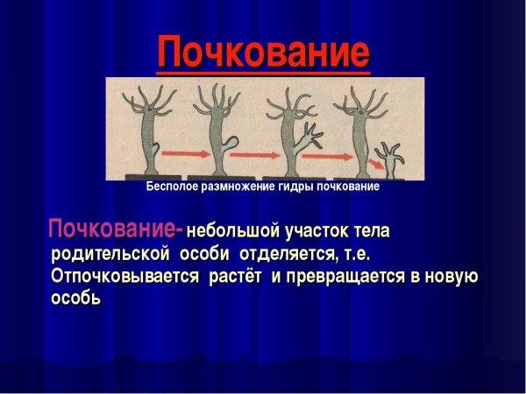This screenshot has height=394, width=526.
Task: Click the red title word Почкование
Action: (263, 53)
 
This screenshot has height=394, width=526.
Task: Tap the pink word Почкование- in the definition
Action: (115, 231)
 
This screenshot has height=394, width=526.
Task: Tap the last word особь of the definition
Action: (76, 299)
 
